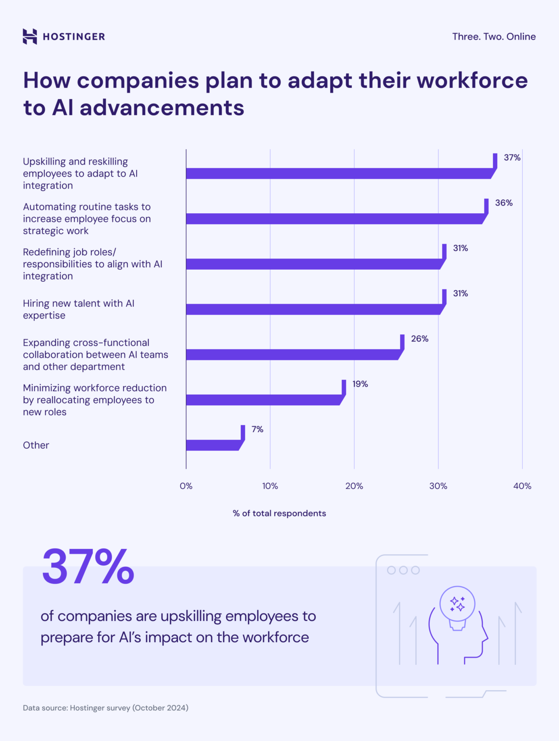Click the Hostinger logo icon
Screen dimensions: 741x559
(30, 37)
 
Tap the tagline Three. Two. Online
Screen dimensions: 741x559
(494, 37)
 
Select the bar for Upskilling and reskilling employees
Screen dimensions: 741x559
(338, 174)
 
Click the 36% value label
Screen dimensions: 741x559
(503, 203)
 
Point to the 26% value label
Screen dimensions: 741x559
(419, 339)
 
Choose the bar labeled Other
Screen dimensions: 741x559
(212, 445)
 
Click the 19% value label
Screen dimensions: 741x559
(360, 384)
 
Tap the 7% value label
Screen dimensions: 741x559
(257, 429)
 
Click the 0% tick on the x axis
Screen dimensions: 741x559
(186, 486)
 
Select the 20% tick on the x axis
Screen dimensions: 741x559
(354, 486)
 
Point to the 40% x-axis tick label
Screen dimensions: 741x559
(522, 486)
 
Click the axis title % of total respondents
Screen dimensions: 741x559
(279, 513)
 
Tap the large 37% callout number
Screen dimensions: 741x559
(88, 566)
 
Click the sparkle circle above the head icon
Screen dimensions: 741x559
(457, 604)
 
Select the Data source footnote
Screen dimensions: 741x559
(105, 708)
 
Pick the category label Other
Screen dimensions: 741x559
(36, 445)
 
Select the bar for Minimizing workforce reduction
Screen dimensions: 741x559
(263, 399)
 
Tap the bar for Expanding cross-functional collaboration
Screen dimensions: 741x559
(292, 355)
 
